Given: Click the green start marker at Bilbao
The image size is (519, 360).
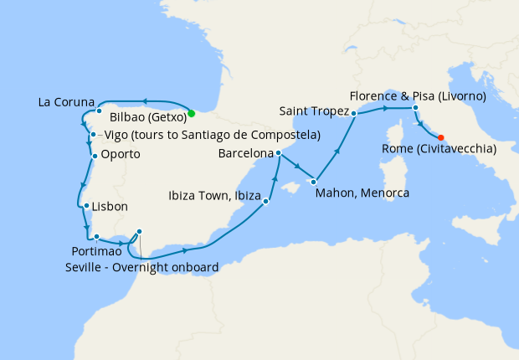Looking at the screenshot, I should (192, 113).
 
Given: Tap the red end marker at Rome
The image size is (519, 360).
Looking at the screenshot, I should (441, 137).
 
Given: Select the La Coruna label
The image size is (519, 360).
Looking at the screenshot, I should (66, 103).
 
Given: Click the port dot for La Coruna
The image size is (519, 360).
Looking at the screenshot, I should (99, 111).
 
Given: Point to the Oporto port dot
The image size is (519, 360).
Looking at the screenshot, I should (94, 155).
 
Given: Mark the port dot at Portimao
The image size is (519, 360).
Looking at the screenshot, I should (96, 237).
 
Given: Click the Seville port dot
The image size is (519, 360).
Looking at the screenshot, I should (139, 232).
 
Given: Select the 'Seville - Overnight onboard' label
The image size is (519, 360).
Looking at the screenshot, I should (141, 267).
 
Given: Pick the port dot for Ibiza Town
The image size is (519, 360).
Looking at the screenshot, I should (265, 201).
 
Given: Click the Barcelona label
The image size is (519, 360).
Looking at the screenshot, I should (245, 154).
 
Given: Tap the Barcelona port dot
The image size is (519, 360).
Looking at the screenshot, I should (278, 153).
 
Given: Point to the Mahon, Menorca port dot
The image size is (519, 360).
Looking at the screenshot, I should (314, 181).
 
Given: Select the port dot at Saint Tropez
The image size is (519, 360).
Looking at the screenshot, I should (354, 113).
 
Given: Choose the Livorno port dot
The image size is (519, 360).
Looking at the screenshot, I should (415, 108).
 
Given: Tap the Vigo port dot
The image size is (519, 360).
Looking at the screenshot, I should (92, 135).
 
